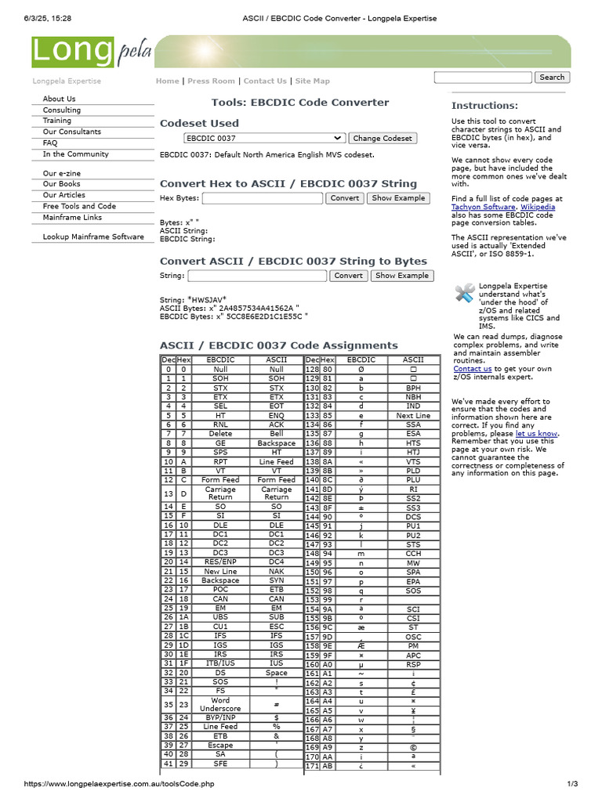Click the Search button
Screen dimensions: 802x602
tap(552, 78)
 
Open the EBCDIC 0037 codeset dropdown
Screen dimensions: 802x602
tap(264, 138)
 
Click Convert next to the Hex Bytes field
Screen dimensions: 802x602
tap(344, 198)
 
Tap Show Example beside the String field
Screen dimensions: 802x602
tap(401, 276)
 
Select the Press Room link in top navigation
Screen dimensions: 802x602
tap(211, 81)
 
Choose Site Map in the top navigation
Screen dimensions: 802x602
tap(312, 81)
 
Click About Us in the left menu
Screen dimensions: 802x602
tap(59, 99)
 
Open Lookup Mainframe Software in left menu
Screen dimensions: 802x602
tap(93, 237)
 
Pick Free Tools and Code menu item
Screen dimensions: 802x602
tap(79, 206)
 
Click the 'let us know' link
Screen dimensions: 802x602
tap(536, 433)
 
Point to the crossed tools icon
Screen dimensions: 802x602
tap(465, 293)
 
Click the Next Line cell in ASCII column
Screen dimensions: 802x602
tap(413, 416)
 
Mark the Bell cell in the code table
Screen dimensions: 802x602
tap(276, 434)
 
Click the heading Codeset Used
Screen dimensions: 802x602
tap(199, 123)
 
